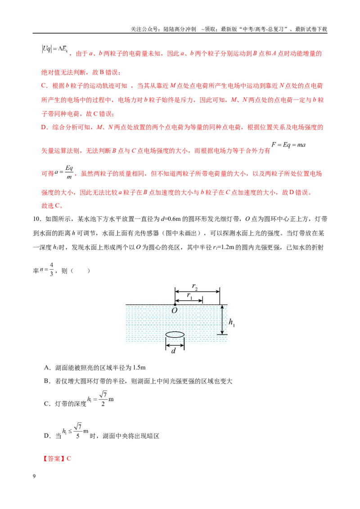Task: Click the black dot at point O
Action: coord(175,304)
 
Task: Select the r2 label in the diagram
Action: coord(194,286)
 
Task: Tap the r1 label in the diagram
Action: coord(190,295)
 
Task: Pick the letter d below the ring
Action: coord(174,351)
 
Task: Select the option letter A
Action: coord(46,368)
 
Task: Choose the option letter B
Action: coord(46,381)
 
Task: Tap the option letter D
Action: coord(46,436)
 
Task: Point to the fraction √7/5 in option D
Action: coord(78,431)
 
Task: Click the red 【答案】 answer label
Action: coord(54,459)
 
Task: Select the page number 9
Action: coord(34,476)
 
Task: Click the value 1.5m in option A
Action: coord(139,368)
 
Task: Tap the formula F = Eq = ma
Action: coord(288,145)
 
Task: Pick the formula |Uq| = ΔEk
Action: coord(54,49)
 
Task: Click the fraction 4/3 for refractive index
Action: coord(51,269)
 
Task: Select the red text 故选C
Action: coord(52,205)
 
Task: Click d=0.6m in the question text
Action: coord(171,219)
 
